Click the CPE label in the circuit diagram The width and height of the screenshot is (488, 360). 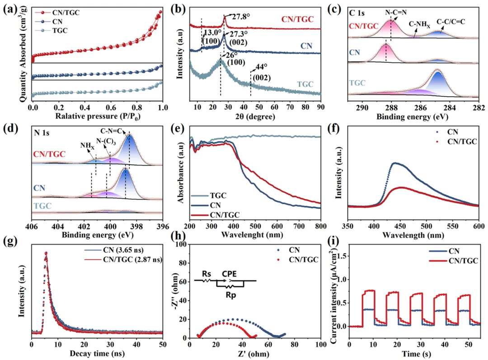pos(230,273)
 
